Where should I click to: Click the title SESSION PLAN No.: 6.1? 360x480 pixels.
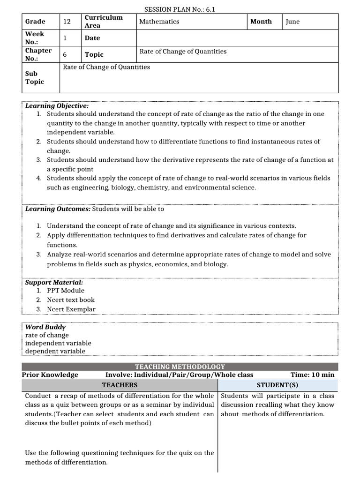(180, 9)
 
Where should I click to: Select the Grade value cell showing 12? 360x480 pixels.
(67, 22)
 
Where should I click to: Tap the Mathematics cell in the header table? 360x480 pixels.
(159, 22)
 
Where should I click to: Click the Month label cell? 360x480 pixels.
(261, 22)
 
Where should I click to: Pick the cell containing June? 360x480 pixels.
(292, 22)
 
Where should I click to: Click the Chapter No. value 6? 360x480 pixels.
(65, 54)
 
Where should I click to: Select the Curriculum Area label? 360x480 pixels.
(104, 22)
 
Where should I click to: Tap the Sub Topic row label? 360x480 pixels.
(35, 78)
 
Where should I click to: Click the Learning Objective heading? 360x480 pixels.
(57, 106)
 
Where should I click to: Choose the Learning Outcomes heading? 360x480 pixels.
(58, 209)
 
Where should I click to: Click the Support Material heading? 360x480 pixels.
(54, 283)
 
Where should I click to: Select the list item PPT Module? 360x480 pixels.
(66, 291)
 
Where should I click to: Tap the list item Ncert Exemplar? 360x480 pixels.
(71, 309)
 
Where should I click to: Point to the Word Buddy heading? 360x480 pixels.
(45, 327)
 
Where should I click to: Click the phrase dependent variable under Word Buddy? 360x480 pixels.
(55, 351)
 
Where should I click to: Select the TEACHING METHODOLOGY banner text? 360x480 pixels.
(180, 367)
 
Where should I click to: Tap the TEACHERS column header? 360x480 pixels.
(120, 385)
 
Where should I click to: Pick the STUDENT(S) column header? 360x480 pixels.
(277, 385)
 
